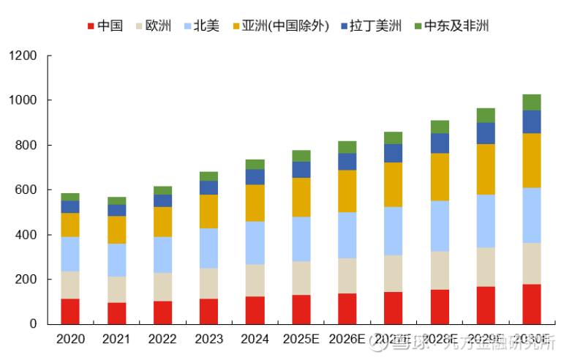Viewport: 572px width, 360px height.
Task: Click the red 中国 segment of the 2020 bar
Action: (x=70, y=311)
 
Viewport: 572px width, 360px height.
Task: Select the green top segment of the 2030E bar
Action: (x=532, y=102)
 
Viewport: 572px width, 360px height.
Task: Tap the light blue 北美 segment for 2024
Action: (x=255, y=242)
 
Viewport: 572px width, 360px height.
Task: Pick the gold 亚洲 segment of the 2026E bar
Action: (x=347, y=190)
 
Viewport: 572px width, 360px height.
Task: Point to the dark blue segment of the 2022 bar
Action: (x=162, y=200)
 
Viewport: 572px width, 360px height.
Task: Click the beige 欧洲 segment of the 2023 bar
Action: (x=208, y=283)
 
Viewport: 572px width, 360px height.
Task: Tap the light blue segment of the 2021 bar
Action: (x=116, y=260)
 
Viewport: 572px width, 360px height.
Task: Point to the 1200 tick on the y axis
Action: (x=23, y=56)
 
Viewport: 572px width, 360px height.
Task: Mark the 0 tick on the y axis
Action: (x=33, y=324)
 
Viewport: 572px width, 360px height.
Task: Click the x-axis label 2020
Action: (x=70, y=339)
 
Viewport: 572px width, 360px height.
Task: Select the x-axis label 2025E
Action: (x=301, y=339)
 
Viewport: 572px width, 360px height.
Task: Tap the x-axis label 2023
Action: (x=208, y=339)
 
